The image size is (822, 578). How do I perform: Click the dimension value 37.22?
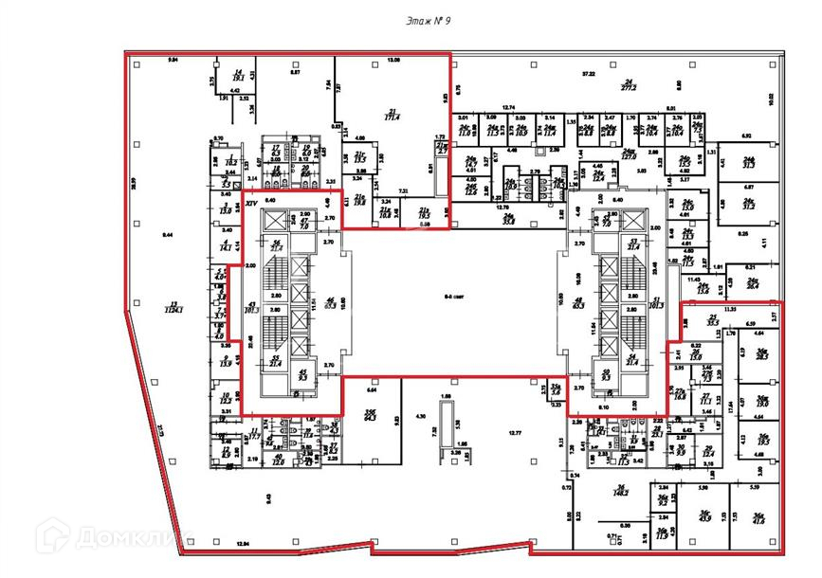point(588,73)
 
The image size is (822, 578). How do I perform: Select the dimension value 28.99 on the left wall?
point(134,182)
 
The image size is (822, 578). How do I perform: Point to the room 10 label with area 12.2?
point(226,398)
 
